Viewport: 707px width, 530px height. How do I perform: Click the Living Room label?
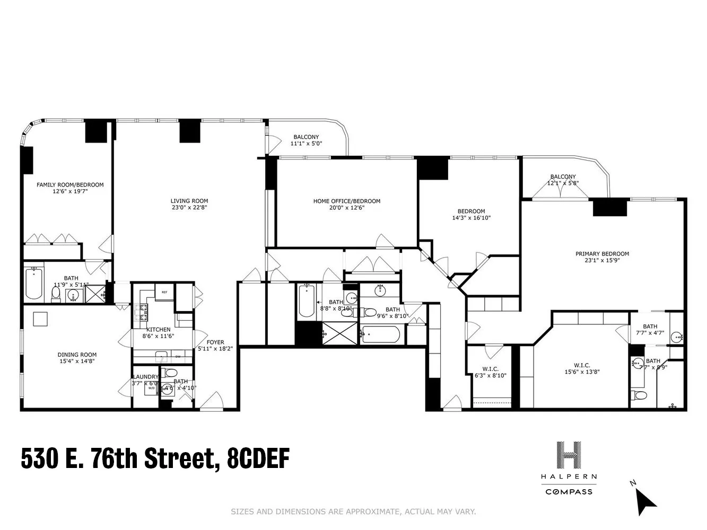[189, 201]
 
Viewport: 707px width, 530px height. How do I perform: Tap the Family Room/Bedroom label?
[70, 184]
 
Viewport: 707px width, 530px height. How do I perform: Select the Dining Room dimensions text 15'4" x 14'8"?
[77, 361]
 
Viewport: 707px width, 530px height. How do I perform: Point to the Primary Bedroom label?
[602, 254]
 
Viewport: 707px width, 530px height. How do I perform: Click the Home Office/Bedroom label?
[346, 201]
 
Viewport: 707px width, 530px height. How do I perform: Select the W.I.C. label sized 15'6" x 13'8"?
[581, 365]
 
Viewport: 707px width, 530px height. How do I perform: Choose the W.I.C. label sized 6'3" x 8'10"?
[490, 369]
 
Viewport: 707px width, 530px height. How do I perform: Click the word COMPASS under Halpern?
[569, 492]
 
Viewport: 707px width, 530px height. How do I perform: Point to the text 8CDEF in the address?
[258, 458]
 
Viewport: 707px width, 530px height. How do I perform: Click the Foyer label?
[215, 342]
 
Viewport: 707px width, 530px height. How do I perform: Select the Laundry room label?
[145, 377]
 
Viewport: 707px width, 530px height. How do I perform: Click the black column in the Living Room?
[189, 131]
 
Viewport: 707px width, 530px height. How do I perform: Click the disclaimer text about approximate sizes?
[353, 511]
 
